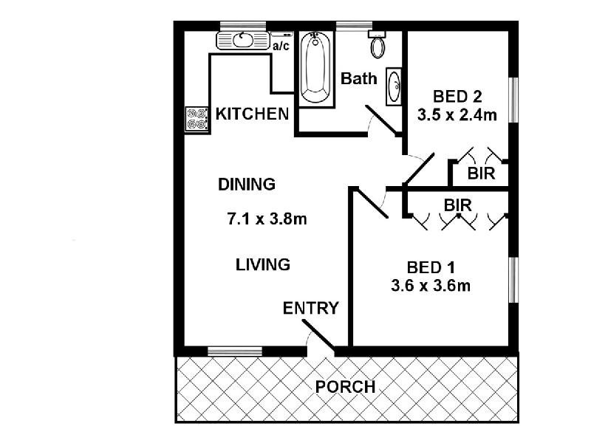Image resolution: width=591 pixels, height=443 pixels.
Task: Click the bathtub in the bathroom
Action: tap(316, 68)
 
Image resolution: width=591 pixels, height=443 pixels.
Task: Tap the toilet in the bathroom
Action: tap(378, 44)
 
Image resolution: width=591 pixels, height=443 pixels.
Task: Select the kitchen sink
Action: tap(244, 41)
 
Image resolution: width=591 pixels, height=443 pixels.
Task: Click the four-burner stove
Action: tap(197, 119)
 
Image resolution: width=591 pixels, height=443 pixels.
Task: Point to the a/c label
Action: tap(281, 47)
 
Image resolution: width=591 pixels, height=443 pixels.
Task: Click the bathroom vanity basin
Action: tap(394, 86)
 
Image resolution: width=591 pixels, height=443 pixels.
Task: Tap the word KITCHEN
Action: tap(252, 114)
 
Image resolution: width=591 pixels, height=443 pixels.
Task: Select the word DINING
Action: tap(247, 184)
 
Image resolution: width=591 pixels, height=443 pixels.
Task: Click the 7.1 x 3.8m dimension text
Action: tap(267, 219)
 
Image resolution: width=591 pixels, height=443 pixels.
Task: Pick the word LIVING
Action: tap(263, 264)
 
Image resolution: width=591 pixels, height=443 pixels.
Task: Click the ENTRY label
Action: tap(311, 308)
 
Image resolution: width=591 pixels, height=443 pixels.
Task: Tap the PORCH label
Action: tap(345, 387)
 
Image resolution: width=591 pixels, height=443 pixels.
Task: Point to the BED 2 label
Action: tap(457, 97)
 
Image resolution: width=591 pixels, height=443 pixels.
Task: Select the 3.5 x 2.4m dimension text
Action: tap(457, 114)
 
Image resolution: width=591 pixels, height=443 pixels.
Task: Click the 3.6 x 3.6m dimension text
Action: tap(431, 286)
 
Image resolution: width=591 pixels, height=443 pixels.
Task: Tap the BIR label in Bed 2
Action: tap(482, 174)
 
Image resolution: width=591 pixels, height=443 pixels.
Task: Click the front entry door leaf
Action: tap(318, 335)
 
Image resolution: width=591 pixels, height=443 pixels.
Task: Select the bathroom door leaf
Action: tap(381, 120)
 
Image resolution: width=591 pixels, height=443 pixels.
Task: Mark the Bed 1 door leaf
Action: tap(372, 203)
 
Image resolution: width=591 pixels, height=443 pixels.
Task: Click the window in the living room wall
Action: tap(235, 351)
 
